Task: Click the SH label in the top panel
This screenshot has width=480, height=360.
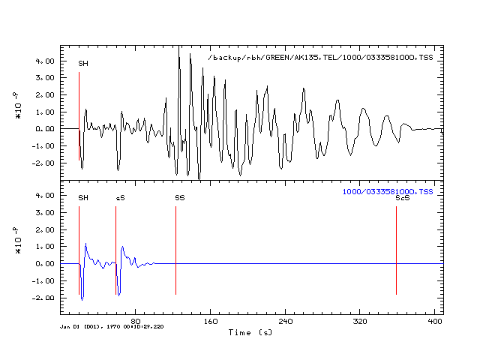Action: coord(83,64)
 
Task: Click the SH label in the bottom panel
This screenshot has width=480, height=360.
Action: coord(83,198)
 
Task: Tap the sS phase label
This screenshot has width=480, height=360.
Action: coord(120,198)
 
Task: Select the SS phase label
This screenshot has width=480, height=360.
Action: coord(180,198)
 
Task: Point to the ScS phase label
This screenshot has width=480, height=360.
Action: coord(402,198)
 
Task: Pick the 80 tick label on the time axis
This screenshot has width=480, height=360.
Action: coord(135,321)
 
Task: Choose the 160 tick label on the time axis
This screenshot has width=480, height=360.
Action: coord(211,321)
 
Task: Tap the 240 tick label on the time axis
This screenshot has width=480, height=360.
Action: coord(286,321)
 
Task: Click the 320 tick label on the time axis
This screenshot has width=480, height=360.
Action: coord(360,321)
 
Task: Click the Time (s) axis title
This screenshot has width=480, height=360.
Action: coord(250,331)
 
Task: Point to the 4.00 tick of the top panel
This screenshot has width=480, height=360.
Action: coord(45,61)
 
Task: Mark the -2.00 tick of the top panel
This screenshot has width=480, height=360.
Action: coord(43,163)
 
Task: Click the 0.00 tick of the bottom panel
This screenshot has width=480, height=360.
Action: coord(45,263)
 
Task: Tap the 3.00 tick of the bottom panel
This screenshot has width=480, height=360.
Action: coord(45,212)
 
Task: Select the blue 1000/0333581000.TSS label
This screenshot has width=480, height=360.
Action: coord(388,192)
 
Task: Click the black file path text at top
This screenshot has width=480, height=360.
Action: coord(320,58)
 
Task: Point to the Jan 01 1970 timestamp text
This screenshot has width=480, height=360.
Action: coord(112,326)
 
